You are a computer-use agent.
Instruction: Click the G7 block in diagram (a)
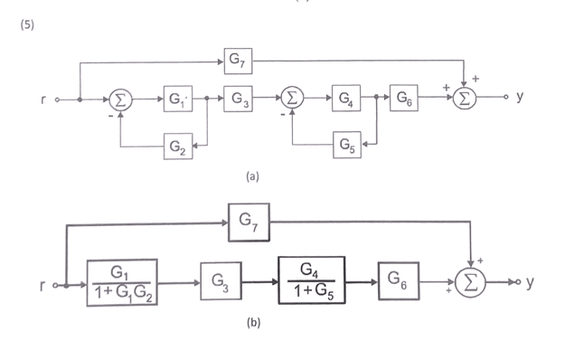(238, 62)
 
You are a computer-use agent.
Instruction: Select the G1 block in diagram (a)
(176, 99)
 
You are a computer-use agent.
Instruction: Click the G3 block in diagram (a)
(238, 98)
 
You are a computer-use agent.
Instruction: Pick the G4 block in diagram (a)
(344, 98)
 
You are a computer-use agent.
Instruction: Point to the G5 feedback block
(344, 143)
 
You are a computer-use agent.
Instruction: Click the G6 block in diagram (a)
(403, 98)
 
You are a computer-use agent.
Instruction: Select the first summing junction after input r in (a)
(119, 99)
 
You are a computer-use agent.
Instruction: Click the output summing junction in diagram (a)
(464, 99)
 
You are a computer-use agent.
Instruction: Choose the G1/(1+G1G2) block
(124, 281)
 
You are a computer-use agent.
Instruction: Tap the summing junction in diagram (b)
(469, 282)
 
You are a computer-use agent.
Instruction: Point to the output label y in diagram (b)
(530, 282)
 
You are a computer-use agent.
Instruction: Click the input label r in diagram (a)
(42, 99)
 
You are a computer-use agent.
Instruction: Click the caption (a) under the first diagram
(252, 177)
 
